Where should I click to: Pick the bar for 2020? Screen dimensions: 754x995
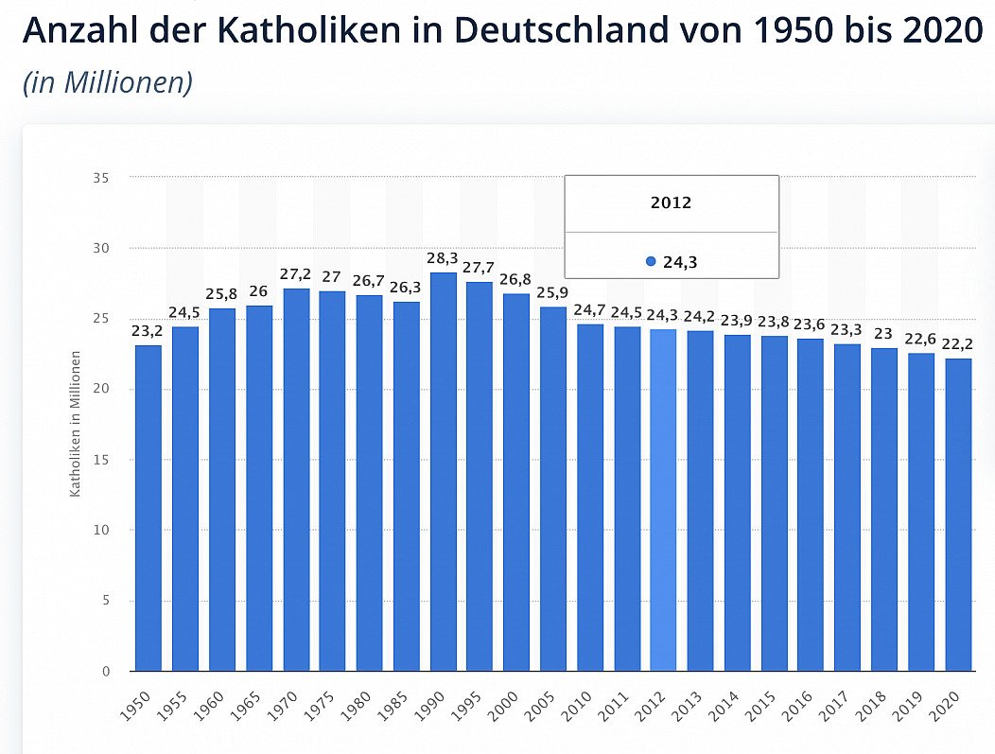[957, 515]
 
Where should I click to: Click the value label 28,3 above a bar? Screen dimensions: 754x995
[443, 258]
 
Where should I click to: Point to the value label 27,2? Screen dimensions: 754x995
[296, 274]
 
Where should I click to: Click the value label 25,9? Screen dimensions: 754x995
[553, 292]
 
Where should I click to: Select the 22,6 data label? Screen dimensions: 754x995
[921, 340]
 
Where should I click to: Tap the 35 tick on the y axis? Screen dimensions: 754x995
[101, 178]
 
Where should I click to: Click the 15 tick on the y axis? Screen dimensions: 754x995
[101, 460]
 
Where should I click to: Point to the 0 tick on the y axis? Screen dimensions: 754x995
[105, 672]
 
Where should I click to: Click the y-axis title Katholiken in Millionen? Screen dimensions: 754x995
[75, 423]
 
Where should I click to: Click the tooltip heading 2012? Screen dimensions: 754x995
[671, 203]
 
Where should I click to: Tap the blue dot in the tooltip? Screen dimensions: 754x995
[651, 262]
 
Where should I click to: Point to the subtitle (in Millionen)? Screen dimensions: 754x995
[108, 82]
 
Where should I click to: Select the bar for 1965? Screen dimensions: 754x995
[259, 488]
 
